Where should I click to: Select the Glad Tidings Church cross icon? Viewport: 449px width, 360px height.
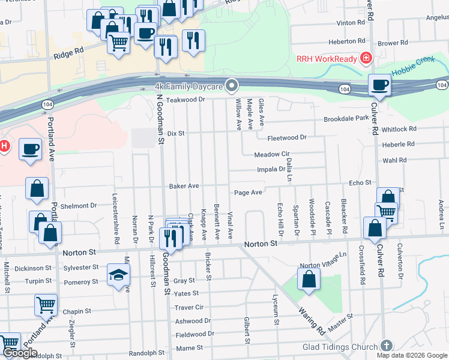(x=387, y=346)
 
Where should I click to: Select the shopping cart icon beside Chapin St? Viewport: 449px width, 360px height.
(x=46, y=305)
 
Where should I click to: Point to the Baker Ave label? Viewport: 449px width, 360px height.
(x=184, y=187)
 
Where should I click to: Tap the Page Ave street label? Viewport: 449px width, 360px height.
(x=248, y=193)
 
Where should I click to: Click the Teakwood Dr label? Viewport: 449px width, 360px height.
(x=181, y=100)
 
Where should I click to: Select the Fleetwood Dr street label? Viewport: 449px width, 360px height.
(x=286, y=137)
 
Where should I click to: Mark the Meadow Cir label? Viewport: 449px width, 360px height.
(x=271, y=154)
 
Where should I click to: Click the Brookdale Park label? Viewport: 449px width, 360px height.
(x=346, y=119)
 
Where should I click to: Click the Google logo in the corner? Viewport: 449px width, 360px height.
(x=20, y=353)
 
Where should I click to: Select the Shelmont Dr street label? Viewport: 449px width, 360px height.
(x=79, y=206)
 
